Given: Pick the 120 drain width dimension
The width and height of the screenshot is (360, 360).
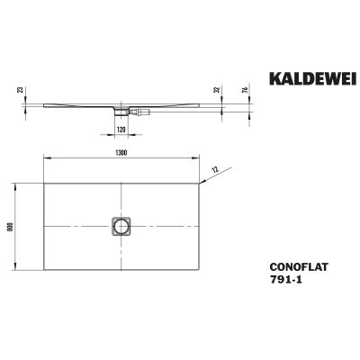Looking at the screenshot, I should [x=121, y=128].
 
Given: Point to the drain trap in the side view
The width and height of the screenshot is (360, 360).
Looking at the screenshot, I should [x=121, y=112].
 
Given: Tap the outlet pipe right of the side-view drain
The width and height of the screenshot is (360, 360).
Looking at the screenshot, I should [x=141, y=112].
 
